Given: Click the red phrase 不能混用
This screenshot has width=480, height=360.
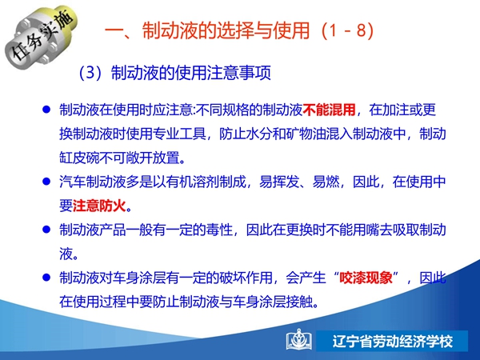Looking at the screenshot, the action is [x=330, y=110].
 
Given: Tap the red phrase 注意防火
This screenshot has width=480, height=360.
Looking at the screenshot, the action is [x=99, y=206].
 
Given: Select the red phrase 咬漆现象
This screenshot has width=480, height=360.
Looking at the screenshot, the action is [x=366, y=278].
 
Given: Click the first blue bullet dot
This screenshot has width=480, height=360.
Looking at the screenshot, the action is [x=46, y=110].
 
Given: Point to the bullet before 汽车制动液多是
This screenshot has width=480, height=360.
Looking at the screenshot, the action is [x=46, y=182].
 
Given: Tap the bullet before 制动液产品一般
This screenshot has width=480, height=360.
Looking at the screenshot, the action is [x=46, y=230].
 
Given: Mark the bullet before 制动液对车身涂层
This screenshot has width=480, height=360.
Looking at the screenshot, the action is [x=46, y=278].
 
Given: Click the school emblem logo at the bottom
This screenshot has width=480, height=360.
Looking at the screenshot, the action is [x=299, y=340].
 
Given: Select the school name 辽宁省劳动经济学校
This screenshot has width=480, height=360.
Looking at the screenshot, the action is [x=393, y=342].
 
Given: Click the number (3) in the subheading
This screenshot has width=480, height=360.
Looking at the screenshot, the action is [x=90, y=73].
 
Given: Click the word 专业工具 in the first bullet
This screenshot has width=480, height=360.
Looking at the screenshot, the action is [x=179, y=134].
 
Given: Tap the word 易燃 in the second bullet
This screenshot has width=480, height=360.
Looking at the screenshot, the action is [x=326, y=182].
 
